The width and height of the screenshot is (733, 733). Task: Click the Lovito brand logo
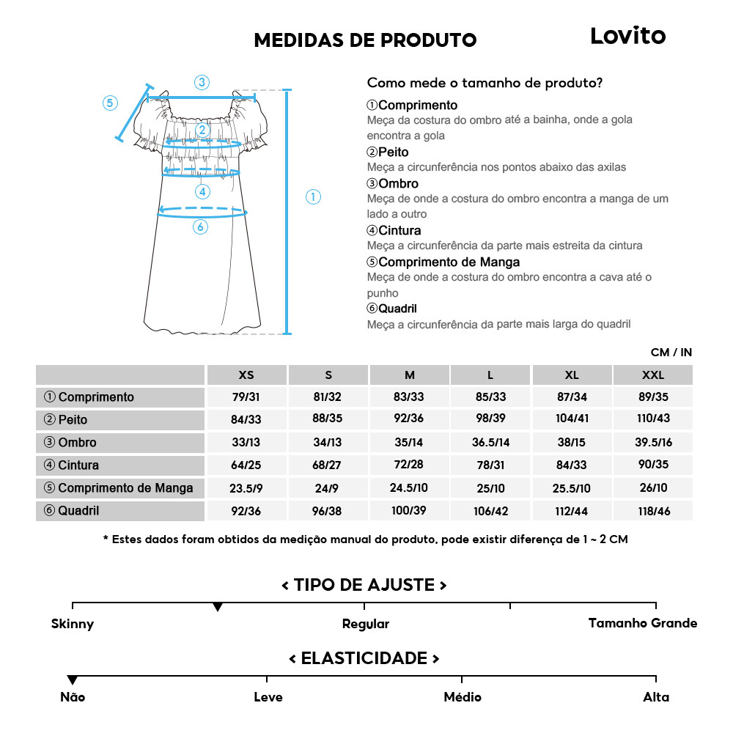(x=627, y=36)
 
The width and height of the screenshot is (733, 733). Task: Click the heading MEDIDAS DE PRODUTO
(x=365, y=40)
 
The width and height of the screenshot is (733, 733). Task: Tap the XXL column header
(x=652, y=375)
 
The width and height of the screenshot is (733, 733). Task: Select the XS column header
(x=246, y=375)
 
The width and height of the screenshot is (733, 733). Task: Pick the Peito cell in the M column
(x=410, y=420)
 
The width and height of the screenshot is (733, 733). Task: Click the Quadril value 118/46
(x=652, y=511)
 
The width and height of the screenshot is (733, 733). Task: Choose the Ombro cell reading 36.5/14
(x=490, y=443)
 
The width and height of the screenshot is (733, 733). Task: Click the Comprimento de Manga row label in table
(x=119, y=488)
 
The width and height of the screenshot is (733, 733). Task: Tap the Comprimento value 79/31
(x=246, y=397)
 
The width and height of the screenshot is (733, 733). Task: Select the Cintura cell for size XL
(x=572, y=465)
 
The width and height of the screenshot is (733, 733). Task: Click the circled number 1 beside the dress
(x=313, y=196)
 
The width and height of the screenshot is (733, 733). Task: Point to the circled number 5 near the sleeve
(x=110, y=103)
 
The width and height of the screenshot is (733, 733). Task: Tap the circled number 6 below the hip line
(x=200, y=227)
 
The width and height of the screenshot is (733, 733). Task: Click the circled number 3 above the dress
(x=202, y=82)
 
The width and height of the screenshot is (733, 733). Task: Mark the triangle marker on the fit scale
(x=218, y=608)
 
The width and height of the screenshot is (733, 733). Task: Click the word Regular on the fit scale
(x=365, y=625)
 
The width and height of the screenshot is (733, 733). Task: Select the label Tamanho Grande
(x=642, y=623)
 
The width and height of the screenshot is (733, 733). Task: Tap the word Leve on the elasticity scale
(x=268, y=697)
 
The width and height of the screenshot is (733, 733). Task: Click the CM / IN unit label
(x=671, y=353)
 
